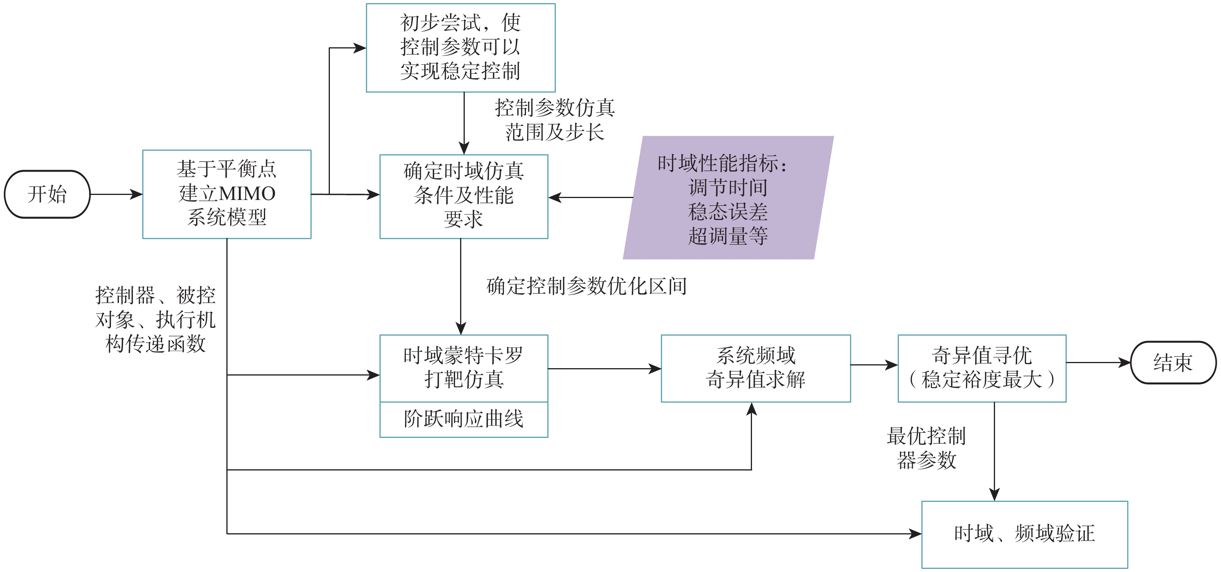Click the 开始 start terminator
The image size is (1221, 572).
[47, 194]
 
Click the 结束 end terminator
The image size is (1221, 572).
[1173, 362]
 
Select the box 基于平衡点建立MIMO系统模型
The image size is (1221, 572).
[227, 194]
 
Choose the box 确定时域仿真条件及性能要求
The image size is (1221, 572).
[464, 196]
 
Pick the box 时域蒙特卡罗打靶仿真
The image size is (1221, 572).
[464, 368]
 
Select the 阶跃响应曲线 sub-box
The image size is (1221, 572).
[464, 419]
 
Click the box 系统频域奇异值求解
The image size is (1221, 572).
[755, 368]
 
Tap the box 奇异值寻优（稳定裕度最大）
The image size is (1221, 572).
[981, 368]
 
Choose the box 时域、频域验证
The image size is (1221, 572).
[1024, 534]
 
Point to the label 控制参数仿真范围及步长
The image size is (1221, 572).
[555, 120]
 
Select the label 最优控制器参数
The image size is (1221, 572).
[926, 448]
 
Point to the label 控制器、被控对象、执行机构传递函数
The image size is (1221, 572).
[155, 319]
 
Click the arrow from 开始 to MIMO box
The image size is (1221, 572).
[116, 194]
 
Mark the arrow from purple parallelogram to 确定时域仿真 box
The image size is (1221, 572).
[591, 198]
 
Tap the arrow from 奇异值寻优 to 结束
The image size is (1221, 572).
[1098, 362]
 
